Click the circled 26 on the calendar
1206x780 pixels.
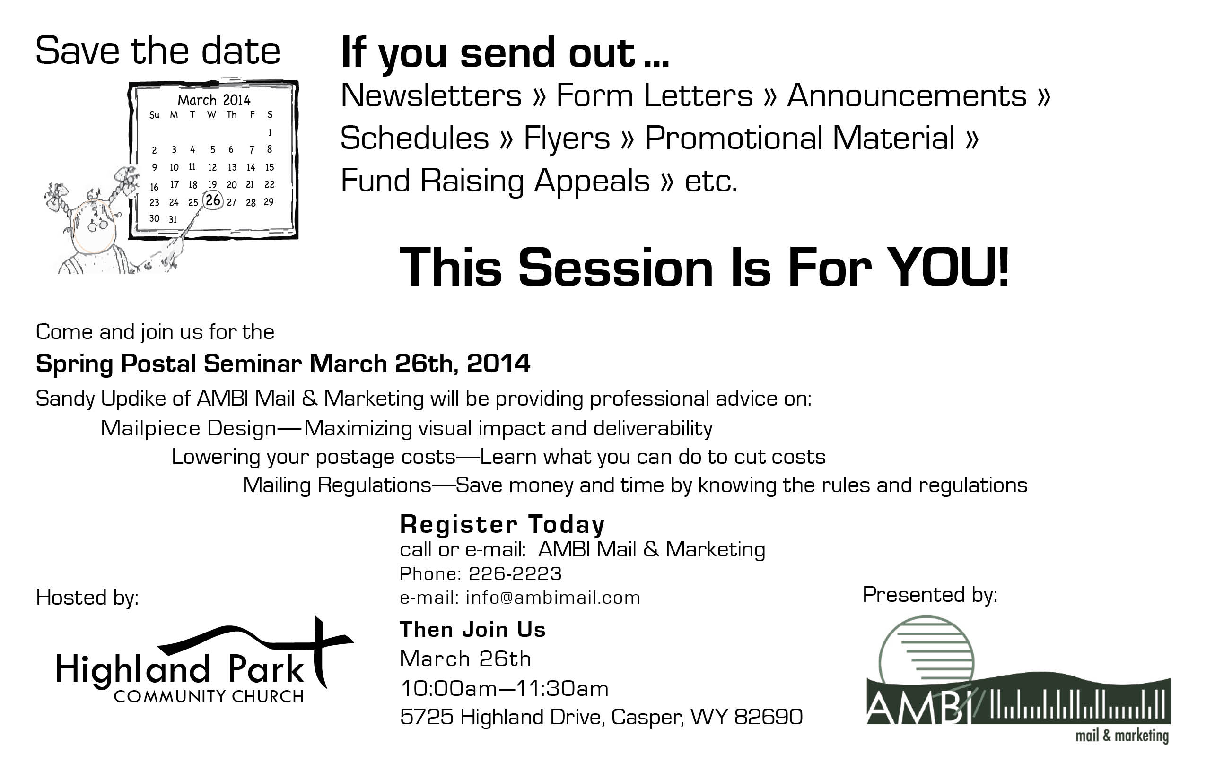coord(213,199)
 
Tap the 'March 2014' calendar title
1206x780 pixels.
coord(214,100)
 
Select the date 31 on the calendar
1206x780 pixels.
coord(173,219)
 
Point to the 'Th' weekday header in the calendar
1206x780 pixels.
coord(232,114)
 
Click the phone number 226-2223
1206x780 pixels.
coord(515,573)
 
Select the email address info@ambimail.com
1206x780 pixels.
coord(553,598)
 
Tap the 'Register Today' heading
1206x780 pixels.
coord(502,524)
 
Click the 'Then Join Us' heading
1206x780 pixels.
coord(472,630)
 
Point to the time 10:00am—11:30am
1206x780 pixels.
coord(504,688)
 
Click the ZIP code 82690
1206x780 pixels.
coord(768,717)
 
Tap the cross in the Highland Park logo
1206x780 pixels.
coord(319,651)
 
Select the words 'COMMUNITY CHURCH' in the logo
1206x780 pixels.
coord(209,696)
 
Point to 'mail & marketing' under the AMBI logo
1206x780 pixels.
coord(1122,736)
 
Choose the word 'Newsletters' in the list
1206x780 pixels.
coord(431,95)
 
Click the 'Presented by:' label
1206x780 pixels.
coord(930,595)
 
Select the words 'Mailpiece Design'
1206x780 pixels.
coord(189,428)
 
